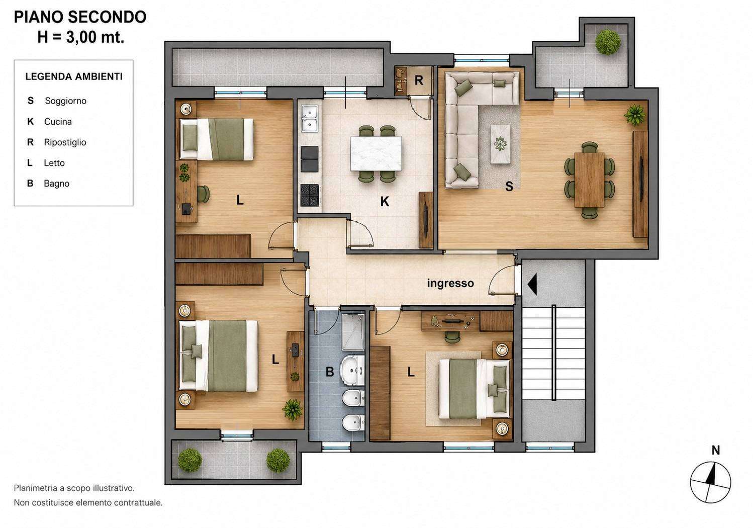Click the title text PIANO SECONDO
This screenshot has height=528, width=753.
coord(80,17)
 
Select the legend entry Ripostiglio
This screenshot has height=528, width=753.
coord(65,142)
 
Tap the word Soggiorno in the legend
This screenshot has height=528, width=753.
coord(65,101)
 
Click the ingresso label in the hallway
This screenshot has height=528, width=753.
coord(450,284)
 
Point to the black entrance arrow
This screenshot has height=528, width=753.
coord(532,284)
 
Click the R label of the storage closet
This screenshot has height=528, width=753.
coord(419,80)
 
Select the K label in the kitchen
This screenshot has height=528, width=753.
coord(385,202)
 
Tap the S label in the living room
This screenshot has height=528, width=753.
coord(509,187)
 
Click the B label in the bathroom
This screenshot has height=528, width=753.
coord(330,372)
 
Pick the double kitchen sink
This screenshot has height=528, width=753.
coord(310,118)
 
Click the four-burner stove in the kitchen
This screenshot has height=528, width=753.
coord(310,195)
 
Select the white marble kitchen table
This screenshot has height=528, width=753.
coord(376,153)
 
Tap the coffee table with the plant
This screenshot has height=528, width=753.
coord(500,144)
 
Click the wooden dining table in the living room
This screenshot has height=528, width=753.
coord(589,180)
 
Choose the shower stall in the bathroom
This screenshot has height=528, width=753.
coord(353,332)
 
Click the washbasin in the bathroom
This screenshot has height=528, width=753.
coord(352,371)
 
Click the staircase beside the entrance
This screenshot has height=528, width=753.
coord(553,353)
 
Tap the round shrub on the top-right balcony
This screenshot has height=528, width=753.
coord(608,42)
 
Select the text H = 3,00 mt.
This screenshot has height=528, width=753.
coord(80,37)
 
